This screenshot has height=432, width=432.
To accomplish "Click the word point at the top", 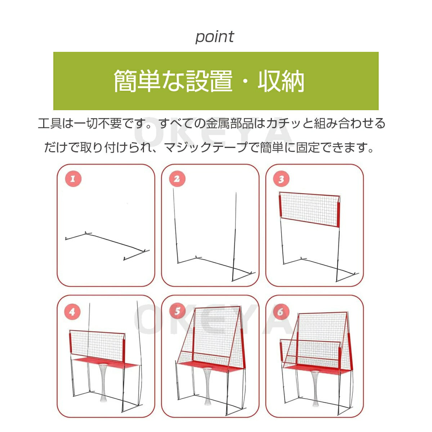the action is point(215,37).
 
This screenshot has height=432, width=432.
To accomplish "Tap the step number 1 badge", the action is point(73,179).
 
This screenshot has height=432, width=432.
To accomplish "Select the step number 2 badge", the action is point(177,179).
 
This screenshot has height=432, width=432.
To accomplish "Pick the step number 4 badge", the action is point(72,312).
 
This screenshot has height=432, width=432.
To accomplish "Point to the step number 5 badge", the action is point(177,311).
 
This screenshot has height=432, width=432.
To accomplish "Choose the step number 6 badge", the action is point(280,311).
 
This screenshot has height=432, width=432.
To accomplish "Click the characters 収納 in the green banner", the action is point(281,81).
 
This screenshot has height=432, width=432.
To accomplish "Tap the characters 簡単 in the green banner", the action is point(136,81).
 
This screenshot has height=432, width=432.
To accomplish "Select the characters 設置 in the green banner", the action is point(209,81).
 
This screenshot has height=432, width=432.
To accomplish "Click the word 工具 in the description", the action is point(50,123).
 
